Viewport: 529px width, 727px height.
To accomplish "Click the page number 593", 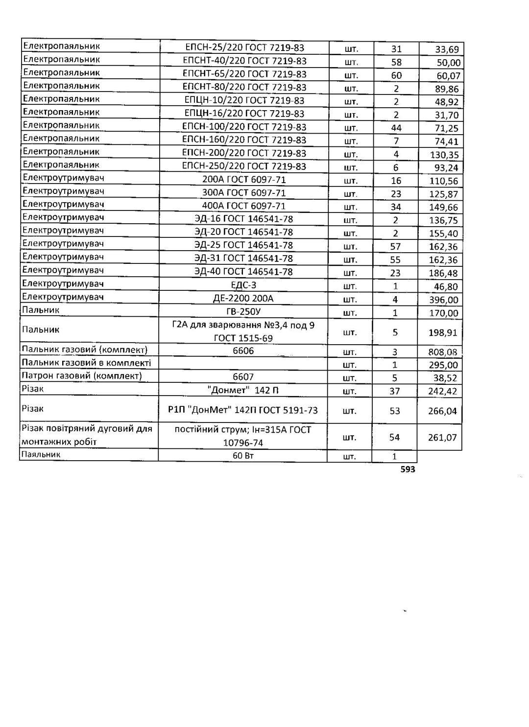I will pyautogui.click(x=408, y=469).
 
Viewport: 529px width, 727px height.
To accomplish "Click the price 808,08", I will pyautogui.click(x=443, y=352).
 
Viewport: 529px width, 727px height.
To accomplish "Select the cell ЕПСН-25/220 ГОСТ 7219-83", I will pyautogui.click(x=244, y=47).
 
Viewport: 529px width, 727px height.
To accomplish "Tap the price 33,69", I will pyautogui.click(x=446, y=49).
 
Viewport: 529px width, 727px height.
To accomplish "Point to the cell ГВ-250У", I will pyautogui.click(x=243, y=311).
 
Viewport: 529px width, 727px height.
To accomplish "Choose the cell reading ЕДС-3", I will pyautogui.click(x=243, y=285).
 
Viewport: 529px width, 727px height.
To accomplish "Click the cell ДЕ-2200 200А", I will pyautogui.click(x=243, y=298).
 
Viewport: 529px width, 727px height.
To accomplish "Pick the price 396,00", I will pyautogui.click(x=443, y=300).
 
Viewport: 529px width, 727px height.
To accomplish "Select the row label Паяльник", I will pyautogui.click(x=41, y=454).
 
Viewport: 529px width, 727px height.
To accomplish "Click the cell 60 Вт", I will pyautogui.click(x=243, y=456).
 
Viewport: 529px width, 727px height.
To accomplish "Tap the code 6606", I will pyautogui.click(x=243, y=351).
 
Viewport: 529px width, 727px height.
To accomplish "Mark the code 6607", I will pyautogui.click(x=243, y=377).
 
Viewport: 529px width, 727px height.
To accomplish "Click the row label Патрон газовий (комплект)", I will pyautogui.click(x=82, y=375).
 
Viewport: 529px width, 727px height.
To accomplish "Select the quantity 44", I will pyautogui.click(x=396, y=128).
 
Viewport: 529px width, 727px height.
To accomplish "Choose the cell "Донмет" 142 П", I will pyautogui.click(x=243, y=390).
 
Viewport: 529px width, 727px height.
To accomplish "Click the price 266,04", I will pyautogui.click(x=442, y=411).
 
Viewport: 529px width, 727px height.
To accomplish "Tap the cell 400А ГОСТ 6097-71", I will pyautogui.click(x=243, y=206).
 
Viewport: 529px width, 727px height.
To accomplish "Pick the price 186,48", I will pyautogui.click(x=443, y=273).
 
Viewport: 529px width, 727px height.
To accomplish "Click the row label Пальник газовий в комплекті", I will pyautogui.click(x=86, y=362).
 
